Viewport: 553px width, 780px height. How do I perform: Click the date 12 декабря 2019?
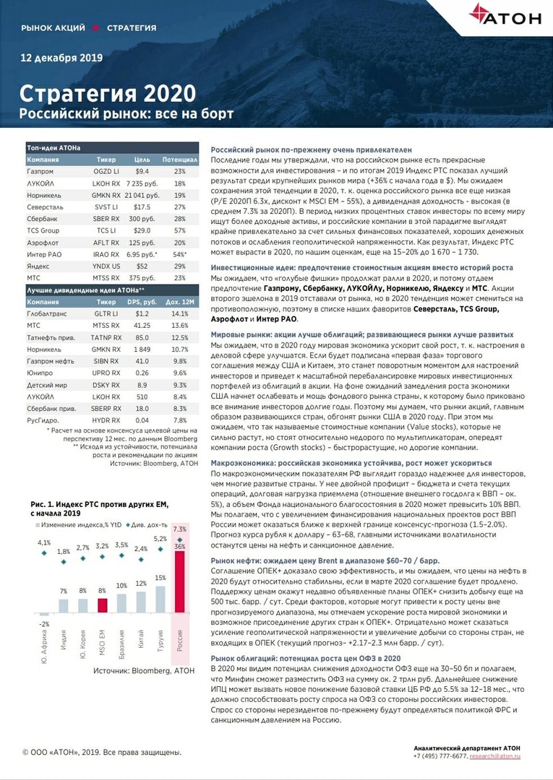pos(61,58)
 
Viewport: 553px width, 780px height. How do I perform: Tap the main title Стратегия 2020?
pos(107,94)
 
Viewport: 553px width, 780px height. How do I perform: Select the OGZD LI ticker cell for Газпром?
pos(106,171)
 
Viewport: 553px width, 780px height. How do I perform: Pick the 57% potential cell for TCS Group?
pos(179,230)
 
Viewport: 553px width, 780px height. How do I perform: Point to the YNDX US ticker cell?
pos(106,265)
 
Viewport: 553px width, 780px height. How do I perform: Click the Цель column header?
pos(142,159)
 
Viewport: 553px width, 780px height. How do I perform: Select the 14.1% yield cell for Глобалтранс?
pos(179,314)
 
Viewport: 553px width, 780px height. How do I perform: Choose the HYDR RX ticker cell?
pos(106,420)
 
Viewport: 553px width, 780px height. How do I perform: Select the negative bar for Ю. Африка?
pos(45,615)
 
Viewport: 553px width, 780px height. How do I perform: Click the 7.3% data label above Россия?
pos(180,529)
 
